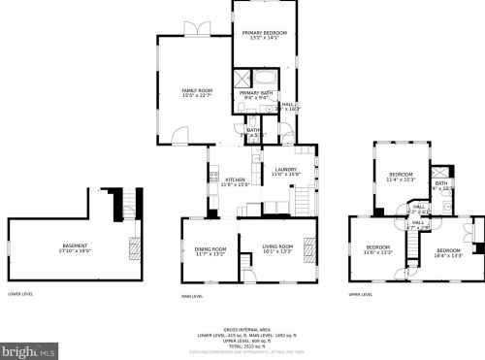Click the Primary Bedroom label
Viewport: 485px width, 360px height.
264,36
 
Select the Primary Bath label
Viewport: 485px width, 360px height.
257,95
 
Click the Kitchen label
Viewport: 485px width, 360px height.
237,181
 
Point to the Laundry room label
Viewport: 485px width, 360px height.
285,172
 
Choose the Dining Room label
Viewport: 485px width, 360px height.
210,251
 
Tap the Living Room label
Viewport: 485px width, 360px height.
278,251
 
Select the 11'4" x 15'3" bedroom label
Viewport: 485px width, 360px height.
402,177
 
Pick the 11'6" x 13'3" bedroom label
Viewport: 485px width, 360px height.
378,249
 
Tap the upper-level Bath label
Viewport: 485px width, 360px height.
440,184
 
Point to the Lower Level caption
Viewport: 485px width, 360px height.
19,293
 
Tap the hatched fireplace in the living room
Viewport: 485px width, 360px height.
311,246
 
